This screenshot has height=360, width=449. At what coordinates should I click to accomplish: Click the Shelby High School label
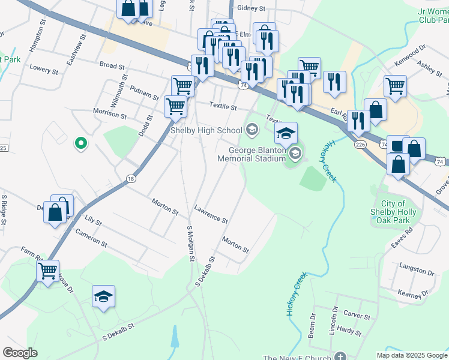pos(206,130)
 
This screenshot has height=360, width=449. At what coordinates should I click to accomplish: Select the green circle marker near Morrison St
pos(79,143)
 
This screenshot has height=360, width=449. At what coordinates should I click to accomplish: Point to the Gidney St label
pos(251,8)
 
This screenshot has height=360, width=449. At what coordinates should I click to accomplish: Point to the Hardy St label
pos(349,330)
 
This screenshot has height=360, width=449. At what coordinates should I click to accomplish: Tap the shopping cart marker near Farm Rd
pos(47,270)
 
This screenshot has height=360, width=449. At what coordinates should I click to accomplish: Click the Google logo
pos(20,353)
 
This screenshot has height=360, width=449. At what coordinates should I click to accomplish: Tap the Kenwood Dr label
pos(409,54)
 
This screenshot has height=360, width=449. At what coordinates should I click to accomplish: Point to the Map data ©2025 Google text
pos(411,355)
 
